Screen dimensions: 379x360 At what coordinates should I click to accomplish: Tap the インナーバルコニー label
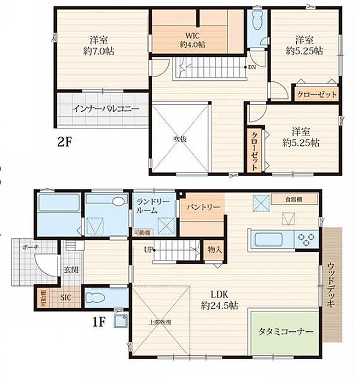point(106,109)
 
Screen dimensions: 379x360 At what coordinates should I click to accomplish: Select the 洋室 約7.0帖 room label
point(97,45)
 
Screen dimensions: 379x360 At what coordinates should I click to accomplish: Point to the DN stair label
point(252,67)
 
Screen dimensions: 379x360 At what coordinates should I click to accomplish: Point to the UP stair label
point(150,251)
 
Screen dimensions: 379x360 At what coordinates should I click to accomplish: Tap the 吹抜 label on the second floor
point(179,138)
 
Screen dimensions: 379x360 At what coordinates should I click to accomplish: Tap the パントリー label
point(203,206)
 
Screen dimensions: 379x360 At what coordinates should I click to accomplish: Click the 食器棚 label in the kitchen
point(293,199)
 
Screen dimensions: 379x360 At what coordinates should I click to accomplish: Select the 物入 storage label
point(215,250)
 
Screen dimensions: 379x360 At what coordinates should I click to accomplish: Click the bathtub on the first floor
point(58,205)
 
